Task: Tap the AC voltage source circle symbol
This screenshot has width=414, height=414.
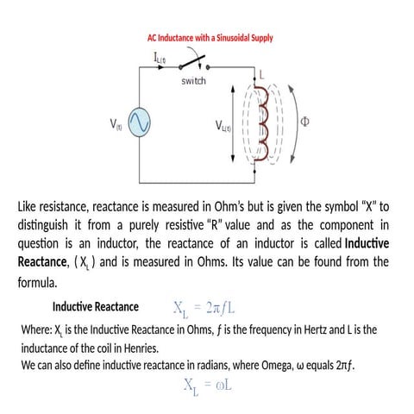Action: [138, 124]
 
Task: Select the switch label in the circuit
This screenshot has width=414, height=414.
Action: [193, 81]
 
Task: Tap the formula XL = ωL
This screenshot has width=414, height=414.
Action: [207, 388]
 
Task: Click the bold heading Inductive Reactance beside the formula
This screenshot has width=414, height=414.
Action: [95, 307]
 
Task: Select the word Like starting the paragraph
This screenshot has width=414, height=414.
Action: [30, 207]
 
